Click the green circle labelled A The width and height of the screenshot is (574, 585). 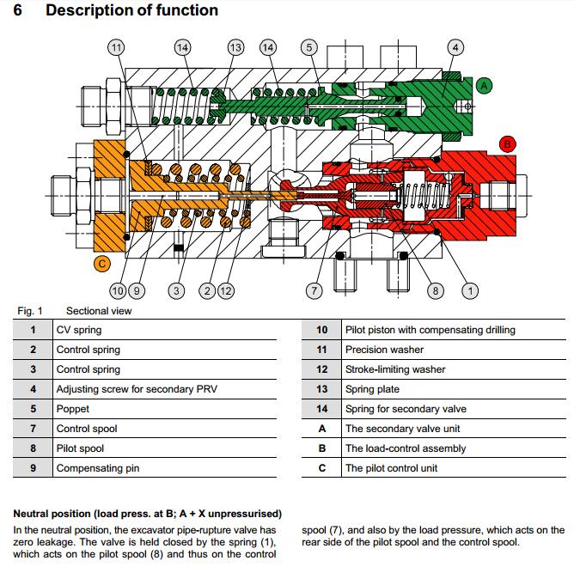[484, 85]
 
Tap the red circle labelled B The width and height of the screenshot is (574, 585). [507, 144]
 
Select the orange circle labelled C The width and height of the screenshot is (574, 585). [101, 264]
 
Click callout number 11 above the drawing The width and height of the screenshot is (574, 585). [115, 47]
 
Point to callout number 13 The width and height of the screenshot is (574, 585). [234, 47]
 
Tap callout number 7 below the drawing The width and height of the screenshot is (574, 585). [314, 290]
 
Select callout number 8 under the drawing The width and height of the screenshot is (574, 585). [436, 290]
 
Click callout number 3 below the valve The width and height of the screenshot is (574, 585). [176, 290]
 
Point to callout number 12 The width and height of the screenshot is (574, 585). [226, 290]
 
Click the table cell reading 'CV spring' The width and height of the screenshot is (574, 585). [79, 330]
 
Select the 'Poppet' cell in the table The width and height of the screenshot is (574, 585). [72, 409]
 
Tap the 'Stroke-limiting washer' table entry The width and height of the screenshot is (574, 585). [395, 369]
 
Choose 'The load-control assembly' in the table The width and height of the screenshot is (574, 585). [406, 448]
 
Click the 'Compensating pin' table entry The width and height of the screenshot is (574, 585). [97, 468]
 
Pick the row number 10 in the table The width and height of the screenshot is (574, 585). [322, 330]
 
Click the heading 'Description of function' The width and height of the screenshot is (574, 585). [131, 11]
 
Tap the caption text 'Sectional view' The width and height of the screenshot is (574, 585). [99, 311]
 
